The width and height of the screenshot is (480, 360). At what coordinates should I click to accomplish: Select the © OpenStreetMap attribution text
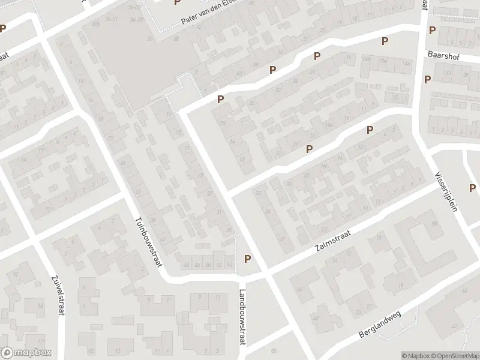pyautogui.click(x=456, y=355)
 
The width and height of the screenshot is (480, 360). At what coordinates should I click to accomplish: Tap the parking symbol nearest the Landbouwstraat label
pyautogui.click(x=247, y=259)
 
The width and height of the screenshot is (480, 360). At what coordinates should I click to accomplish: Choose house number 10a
pyautogui.click(x=382, y=61)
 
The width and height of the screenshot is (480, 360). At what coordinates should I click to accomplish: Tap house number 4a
pyautogui.click(x=407, y=62)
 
